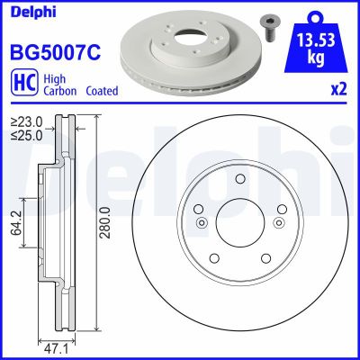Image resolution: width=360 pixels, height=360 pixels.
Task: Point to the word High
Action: click(x=53, y=78)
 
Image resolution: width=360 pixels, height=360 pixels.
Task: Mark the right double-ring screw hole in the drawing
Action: click(x=279, y=223)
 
